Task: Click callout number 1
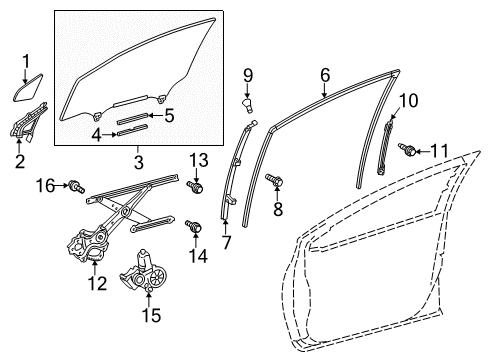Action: [26, 61]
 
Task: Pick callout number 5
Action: [169, 115]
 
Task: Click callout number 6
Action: [325, 74]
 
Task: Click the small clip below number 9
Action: [248, 103]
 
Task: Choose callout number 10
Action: [407, 99]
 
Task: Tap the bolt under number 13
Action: [196, 186]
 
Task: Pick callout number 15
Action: [152, 315]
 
